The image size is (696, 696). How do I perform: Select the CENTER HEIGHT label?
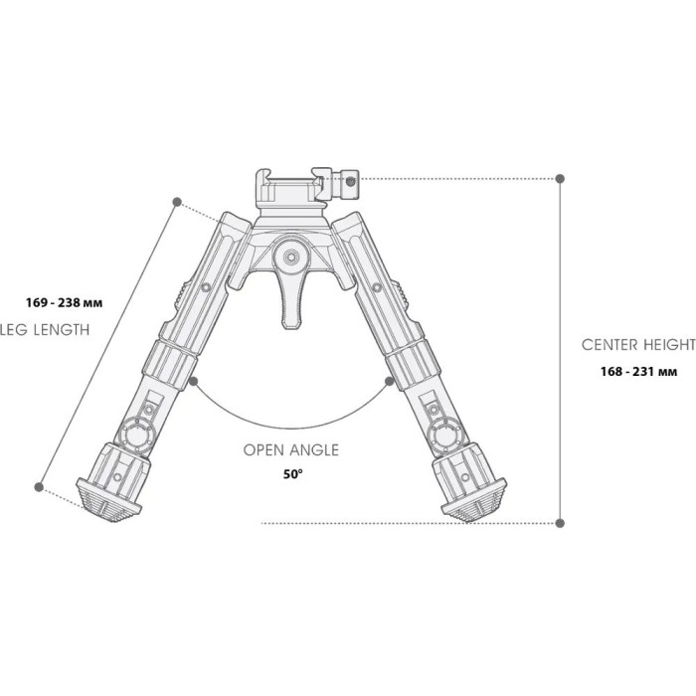(637, 344)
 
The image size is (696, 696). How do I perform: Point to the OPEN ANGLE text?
(291, 449)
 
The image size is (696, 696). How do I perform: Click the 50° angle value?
(292, 474)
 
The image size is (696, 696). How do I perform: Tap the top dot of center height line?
(561, 178)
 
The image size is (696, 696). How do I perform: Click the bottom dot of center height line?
(561, 521)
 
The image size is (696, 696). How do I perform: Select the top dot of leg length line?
(177, 202)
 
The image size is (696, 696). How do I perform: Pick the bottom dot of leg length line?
(40, 487)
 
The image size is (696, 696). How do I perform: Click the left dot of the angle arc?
(194, 379)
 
